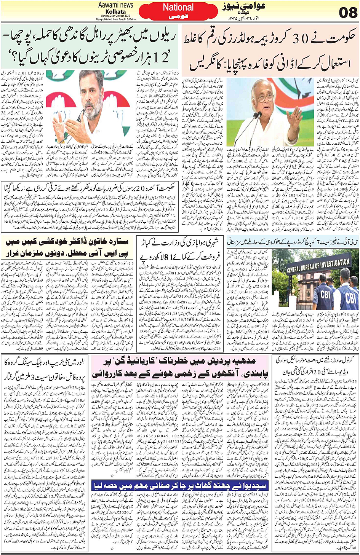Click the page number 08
[348, 12]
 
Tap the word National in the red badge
[178, 7]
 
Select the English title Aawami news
[115, 5]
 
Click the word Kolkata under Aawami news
[115, 12]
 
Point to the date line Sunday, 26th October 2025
[115, 16]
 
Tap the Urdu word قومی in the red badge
[178, 17]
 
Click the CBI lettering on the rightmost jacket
[350, 297]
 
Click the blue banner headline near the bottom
[179, 485]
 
